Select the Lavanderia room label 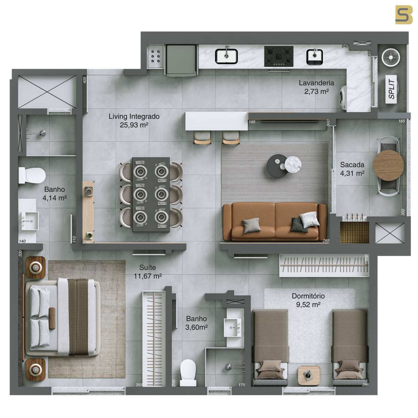[x=316, y=87]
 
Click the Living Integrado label [x=134, y=121]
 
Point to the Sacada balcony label [x=352, y=169]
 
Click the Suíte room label [x=147, y=272]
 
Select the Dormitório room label [x=308, y=300]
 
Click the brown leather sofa [x=275, y=221]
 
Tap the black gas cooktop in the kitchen [x=279, y=56]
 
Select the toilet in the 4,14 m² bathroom [x=32, y=175]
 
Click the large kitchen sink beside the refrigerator [x=226, y=56]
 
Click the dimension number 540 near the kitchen [x=345, y=46]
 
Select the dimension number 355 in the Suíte [x=139, y=385]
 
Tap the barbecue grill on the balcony [x=354, y=232]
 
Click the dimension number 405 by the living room [x=85, y=80]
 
